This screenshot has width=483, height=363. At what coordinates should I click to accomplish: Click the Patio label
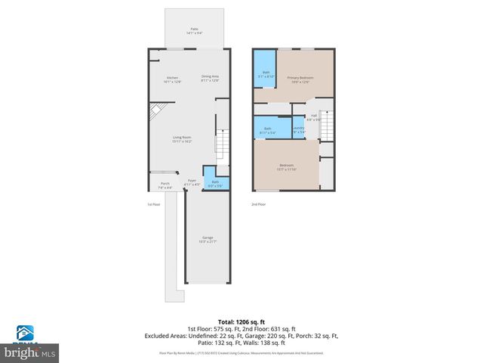coord(194,31)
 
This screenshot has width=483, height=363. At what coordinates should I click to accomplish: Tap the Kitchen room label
coord(174,79)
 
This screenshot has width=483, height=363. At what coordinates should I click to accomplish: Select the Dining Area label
coord(210,78)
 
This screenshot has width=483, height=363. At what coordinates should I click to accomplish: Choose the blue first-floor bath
coord(214,182)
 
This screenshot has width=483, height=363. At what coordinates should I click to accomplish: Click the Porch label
coord(165,185)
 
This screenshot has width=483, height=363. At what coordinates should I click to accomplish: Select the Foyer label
coord(192,182)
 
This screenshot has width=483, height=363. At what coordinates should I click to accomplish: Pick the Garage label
coord(208,240)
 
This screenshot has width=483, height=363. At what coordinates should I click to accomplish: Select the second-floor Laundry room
coord(298,129)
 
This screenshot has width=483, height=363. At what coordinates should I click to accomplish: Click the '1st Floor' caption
coord(153,204)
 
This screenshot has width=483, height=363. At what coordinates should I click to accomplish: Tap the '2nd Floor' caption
coord(259,204)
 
